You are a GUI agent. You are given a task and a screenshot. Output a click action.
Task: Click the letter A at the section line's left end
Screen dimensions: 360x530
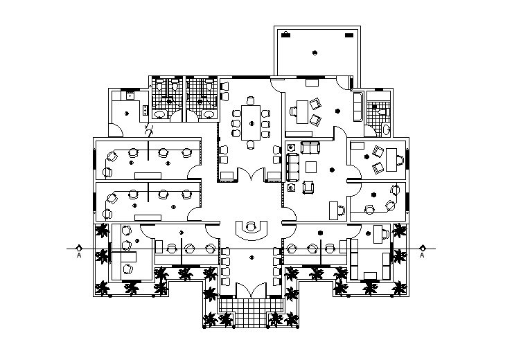80,255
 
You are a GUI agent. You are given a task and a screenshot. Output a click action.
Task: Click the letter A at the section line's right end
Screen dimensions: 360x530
422,255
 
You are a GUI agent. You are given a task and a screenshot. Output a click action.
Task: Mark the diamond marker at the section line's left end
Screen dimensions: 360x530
80,247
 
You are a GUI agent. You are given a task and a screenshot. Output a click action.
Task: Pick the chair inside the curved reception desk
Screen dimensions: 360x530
250,226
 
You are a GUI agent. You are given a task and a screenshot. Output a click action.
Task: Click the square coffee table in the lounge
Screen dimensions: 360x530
311,166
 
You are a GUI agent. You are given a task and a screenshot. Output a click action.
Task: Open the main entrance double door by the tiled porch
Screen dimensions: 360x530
250,291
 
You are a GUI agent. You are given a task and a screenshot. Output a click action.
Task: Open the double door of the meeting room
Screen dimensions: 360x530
250,176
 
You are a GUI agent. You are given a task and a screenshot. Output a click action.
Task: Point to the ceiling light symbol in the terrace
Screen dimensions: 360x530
316,53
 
